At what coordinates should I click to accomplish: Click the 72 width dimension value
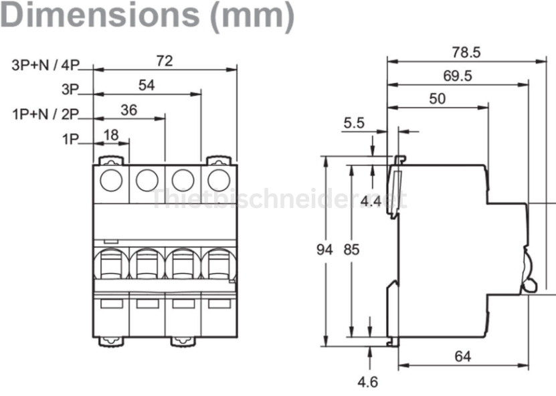click(x=164, y=61)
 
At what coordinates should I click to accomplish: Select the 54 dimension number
click(x=147, y=85)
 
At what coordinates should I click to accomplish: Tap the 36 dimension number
click(x=128, y=110)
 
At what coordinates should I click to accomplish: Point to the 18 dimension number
click(x=110, y=135)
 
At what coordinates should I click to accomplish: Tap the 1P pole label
click(x=70, y=140)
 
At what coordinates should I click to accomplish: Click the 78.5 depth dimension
click(x=466, y=52)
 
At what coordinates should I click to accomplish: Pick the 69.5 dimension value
click(x=457, y=76)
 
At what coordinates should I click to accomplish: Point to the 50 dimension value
click(x=437, y=98)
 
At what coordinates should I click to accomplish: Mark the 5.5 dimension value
click(x=353, y=123)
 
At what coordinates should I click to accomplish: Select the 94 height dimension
click(x=325, y=250)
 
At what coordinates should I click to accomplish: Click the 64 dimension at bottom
click(x=462, y=356)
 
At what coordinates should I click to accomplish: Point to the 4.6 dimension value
click(x=367, y=382)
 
